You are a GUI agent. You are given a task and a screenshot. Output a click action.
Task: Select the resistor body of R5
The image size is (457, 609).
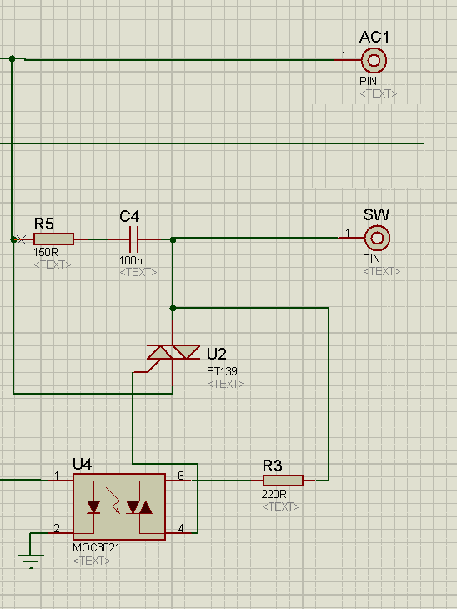click(x=53, y=239)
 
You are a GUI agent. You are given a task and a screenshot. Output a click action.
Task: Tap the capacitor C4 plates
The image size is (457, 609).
click(x=134, y=239)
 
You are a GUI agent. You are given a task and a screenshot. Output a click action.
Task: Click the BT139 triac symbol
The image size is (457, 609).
click(x=173, y=352)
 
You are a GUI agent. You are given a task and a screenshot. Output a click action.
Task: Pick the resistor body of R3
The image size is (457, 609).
click(x=283, y=481)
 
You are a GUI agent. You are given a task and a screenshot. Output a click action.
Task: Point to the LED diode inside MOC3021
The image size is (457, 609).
click(x=93, y=507)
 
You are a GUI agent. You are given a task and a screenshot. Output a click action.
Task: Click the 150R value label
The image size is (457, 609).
click(x=45, y=252)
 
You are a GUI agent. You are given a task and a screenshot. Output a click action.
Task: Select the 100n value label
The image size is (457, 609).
click(x=131, y=259)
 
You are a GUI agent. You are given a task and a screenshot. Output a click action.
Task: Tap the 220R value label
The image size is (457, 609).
click(x=274, y=494)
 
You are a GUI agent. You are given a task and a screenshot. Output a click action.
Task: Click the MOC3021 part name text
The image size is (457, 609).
click(x=96, y=547)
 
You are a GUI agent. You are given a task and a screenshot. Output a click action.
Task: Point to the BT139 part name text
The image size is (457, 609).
click(x=222, y=371)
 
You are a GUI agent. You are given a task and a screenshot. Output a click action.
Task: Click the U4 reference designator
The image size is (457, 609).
click(x=82, y=464)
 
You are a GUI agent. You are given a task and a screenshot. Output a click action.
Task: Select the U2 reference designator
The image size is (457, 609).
click(x=216, y=354)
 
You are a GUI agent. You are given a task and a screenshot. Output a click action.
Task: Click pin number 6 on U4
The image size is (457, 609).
click(x=181, y=476)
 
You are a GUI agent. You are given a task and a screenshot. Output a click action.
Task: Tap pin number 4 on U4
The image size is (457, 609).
click(x=181, y=528)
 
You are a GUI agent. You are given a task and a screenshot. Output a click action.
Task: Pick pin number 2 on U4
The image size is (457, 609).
click(x=57, y=528)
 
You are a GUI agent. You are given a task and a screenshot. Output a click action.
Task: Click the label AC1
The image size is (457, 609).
click(x=374, y=37)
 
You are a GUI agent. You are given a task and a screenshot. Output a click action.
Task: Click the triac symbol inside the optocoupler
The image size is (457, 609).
click(x=139, y=507)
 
